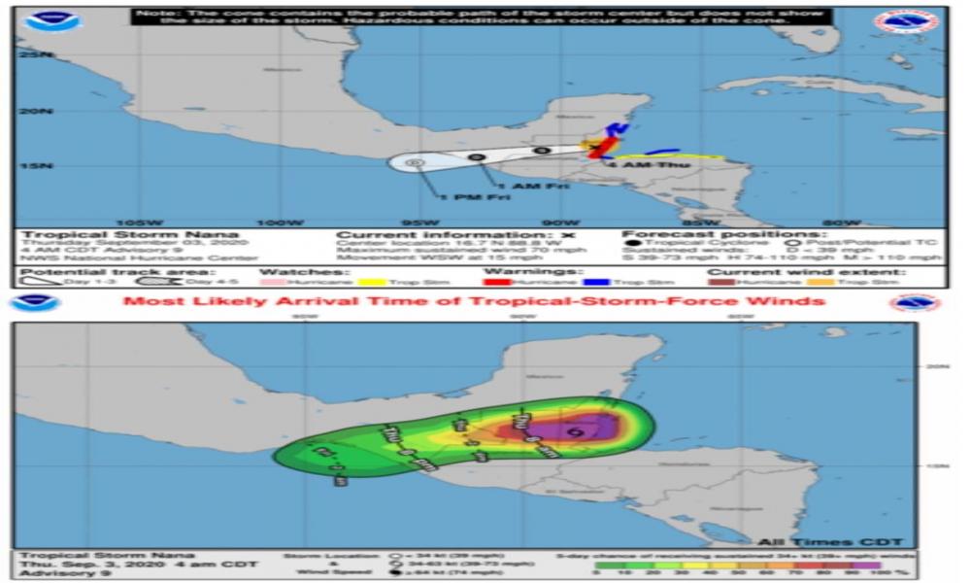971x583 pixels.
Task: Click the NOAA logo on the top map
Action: coord(52,22)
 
